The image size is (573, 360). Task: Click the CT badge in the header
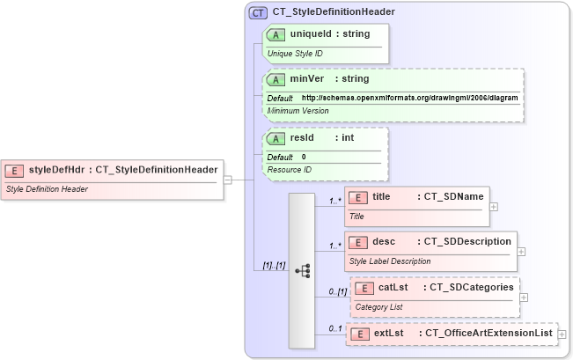(x=258, y=12)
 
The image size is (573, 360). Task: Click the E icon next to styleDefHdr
(x=15, y=170)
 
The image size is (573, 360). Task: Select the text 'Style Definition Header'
(x=47, y=188)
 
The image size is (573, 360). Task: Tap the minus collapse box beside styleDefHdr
(x=227, y=180)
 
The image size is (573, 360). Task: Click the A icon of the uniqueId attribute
(x=275, y=34)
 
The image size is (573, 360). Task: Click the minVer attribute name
(x=307, y=79)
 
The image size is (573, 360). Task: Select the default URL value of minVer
(x=409, y=98)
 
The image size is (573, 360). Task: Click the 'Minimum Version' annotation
(x=298, y=110)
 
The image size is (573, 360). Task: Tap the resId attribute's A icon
(x=275, y=139)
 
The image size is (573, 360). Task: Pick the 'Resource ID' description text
(x=290, y=169)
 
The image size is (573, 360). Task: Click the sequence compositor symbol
(x=301, y=270)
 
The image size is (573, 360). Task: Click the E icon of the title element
(x=358, y=198)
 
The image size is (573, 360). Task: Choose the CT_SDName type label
(x=452, y=197)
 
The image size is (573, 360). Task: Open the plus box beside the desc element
(x=522, y=251)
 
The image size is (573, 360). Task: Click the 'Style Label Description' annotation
(x=390, y=261)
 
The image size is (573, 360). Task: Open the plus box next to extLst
(x=562, y=334)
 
